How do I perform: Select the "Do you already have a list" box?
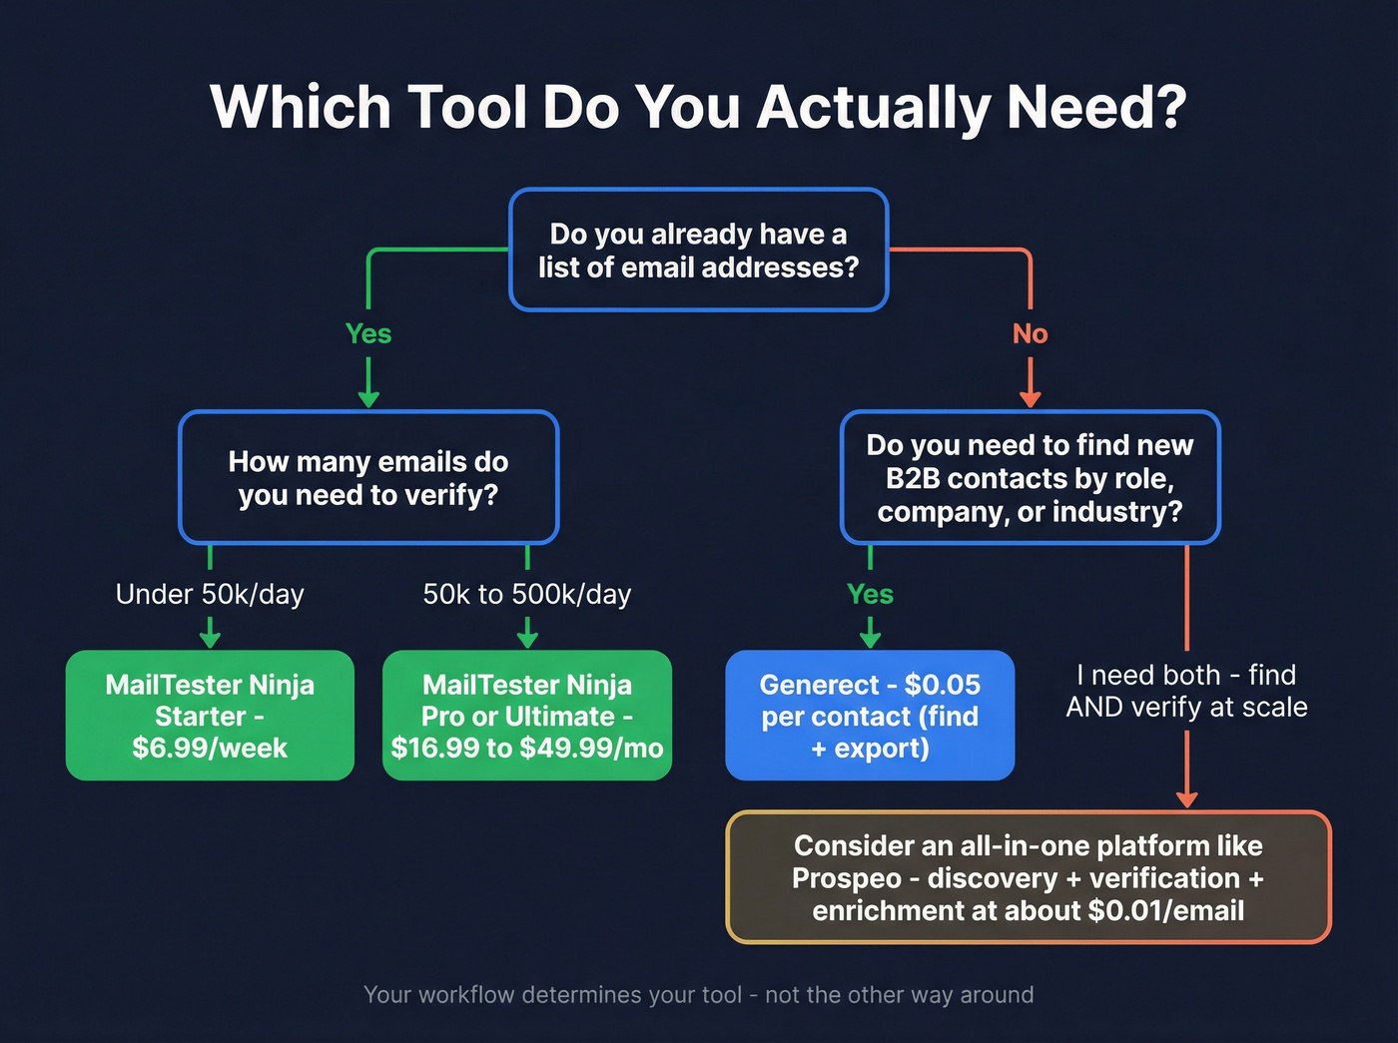[698, 250]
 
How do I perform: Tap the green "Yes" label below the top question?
[368, 333]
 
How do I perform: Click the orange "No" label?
[1030, 333]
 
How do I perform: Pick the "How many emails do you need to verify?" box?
[368, 478]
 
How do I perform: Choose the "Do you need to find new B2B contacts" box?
[1030, 478]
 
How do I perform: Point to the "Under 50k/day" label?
[210, 594]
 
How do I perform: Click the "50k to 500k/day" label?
[527, 594]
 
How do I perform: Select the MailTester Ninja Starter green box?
[210, 716]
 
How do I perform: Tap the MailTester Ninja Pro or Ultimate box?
[527, 716]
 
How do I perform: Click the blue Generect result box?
[870, 716]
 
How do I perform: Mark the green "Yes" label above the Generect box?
[870, 594]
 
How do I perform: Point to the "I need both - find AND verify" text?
[1186, 691]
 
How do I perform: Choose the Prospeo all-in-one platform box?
[1029, 877]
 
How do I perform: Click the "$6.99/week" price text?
[210, 748]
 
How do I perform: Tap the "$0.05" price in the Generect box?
[942, 685]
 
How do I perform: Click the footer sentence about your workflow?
[698, 995]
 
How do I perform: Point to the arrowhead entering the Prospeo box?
[1186, 798]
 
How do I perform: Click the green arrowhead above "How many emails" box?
[368, 398]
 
